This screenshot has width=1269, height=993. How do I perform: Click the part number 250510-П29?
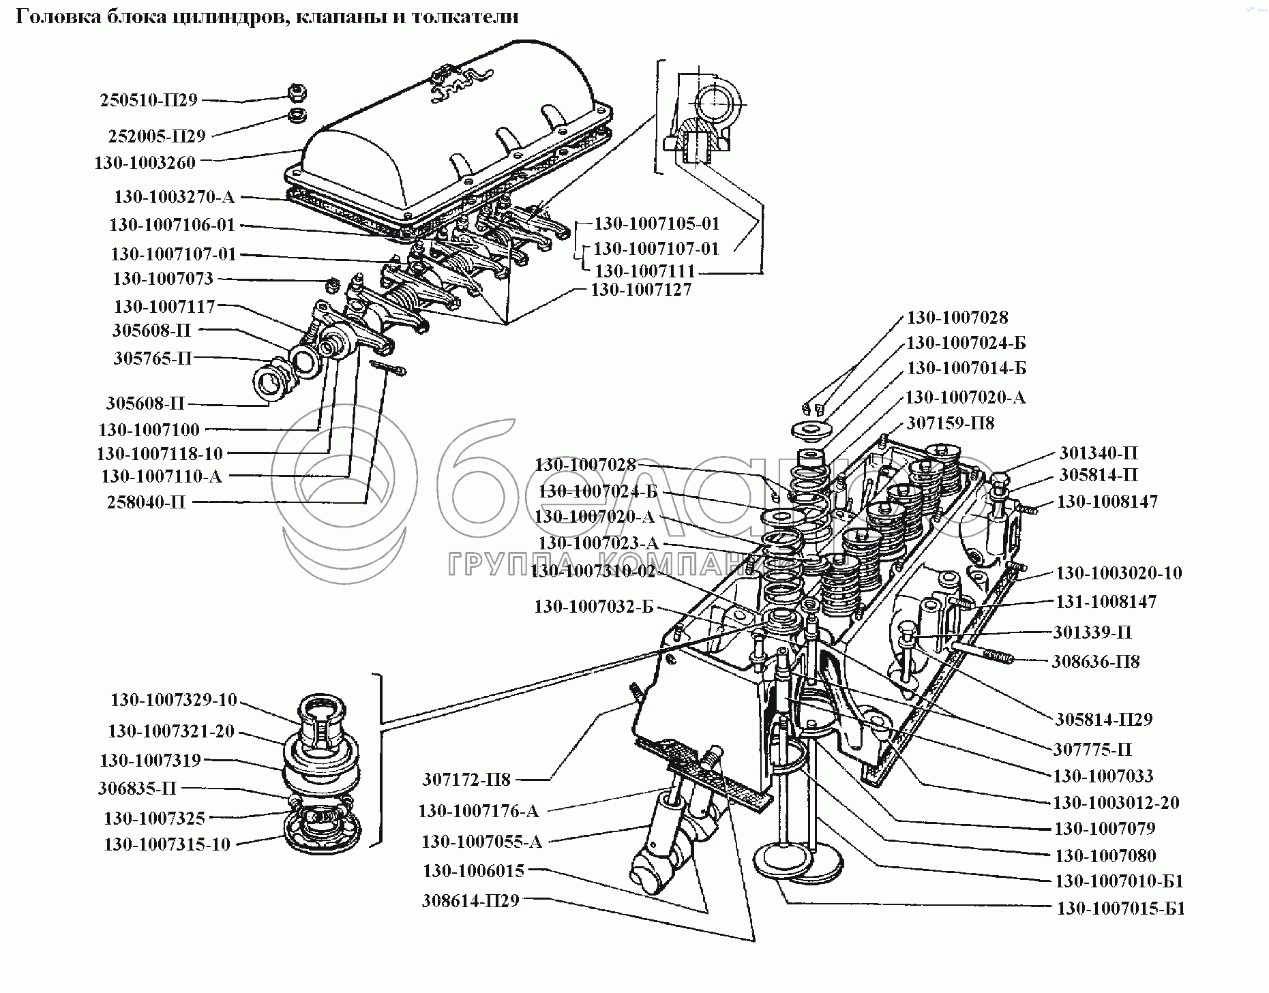click(x=149, y=100)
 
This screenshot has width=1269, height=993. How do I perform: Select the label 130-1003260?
click(x=145, y=163)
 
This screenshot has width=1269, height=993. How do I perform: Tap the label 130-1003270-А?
click(x=174, y=198)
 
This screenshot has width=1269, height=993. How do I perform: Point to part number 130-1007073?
click(x=163, y=279)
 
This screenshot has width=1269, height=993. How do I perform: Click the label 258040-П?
click(x=146, y=502)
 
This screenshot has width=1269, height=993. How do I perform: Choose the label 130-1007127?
click(x=641, y=290)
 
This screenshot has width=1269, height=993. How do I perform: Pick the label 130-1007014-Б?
click(x=966, y=369)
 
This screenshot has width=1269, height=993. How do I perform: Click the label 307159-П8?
click(x=950, y=423)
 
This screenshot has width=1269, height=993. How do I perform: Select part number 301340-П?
click(x=1098, y=453)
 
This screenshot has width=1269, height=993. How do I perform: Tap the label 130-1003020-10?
click(x=1119, y=573)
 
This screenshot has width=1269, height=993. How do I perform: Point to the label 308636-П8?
click(x=1095, y=661)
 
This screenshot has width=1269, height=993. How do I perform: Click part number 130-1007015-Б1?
click(x=1121, y=908)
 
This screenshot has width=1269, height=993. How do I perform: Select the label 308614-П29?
click(x=471, y=901)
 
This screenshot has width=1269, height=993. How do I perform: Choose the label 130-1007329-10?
click(x=174, y=700)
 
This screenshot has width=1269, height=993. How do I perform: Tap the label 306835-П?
click(x=137, y=789)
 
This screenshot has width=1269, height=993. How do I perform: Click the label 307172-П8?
click(x=466, y=778)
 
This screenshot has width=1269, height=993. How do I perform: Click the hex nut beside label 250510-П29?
click(x=296, y=90)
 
